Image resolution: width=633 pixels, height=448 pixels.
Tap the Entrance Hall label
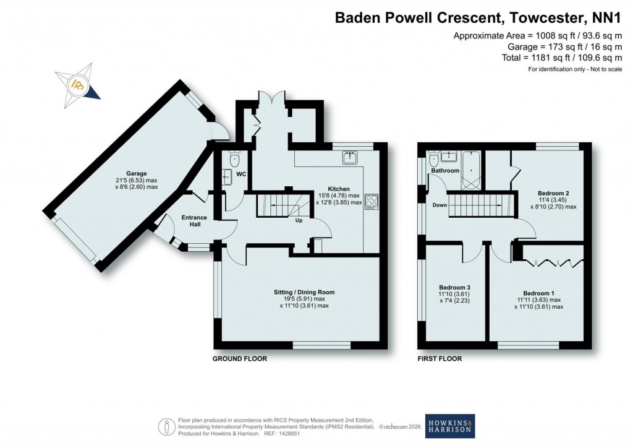[193, 221]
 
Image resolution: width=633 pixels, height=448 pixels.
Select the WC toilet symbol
[233, 160]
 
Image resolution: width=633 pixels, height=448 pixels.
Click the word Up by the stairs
[300, 220]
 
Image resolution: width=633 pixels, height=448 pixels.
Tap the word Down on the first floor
[440, 205]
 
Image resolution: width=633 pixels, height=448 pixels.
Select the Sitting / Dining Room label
[304, 291]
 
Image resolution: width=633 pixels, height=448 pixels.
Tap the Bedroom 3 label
[454, 288]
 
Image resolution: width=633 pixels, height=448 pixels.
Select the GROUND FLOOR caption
[240, 359]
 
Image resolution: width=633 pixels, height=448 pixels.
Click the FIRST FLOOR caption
[440, 359]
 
